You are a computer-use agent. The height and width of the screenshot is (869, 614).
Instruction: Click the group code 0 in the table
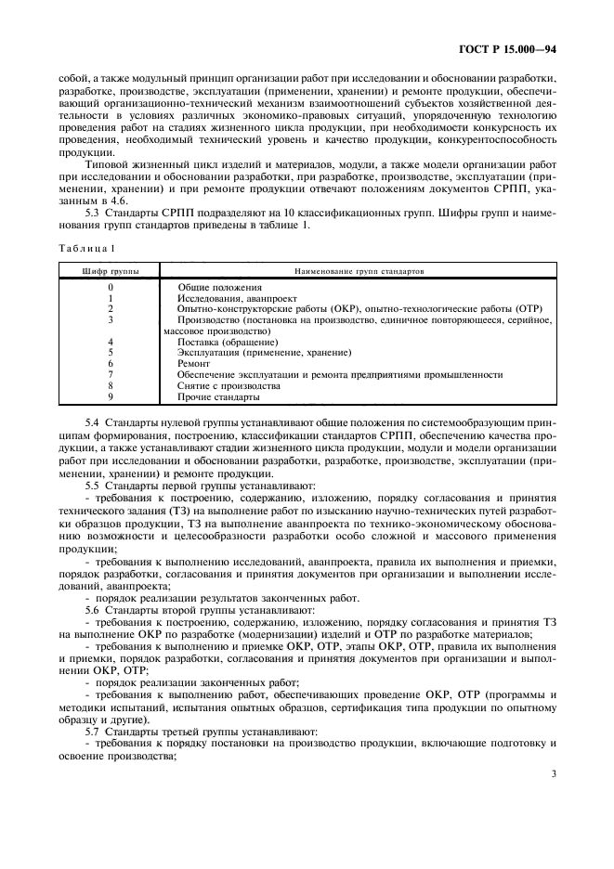(x=110, y=288)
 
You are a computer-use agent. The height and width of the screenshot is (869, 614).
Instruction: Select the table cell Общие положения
(x=219, y=288)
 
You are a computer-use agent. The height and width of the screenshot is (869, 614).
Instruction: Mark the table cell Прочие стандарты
(x=218, y=396)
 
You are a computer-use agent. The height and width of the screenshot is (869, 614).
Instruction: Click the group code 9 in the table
(x=110, y=396)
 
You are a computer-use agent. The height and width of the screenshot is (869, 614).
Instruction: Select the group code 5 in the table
(x=110, y=353)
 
